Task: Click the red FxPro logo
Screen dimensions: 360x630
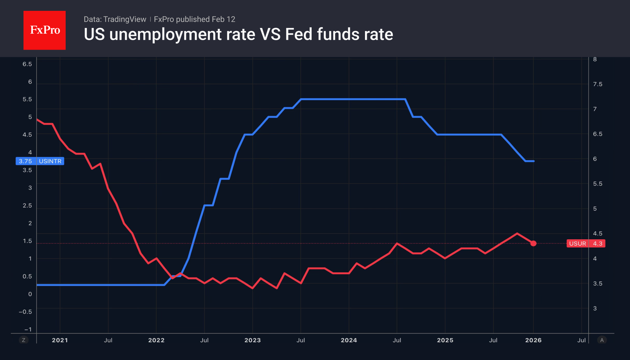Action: [x=45, y=30]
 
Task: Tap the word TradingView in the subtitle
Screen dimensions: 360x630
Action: [x=125, y=19]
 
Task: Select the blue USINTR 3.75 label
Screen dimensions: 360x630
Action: [x=40, y=161]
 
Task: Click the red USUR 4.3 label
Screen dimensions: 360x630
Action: [x=586, y=244]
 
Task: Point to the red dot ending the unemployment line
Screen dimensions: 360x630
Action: [x=533, y=243]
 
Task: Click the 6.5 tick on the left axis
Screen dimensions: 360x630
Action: [x=27, y=64]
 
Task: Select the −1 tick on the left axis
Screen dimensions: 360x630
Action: [x=28, y=329]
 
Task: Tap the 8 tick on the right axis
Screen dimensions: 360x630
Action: [x=595, y=59]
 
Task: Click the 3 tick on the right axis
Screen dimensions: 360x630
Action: [x=595, y=308]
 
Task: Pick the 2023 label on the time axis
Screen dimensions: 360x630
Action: [x=252, y=340]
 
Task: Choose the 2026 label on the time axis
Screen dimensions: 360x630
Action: [x=533, y=340]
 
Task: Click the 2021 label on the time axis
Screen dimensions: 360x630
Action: [x=60, y=340]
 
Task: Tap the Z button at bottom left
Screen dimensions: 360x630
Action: [x=23, y=340]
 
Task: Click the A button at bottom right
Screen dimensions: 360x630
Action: [x=602, y=340]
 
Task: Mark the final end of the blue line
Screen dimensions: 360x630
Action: [x=534, y=161]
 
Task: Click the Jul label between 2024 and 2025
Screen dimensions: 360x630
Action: [x=397, y=340]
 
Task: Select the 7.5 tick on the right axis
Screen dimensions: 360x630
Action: [x=597, y=84]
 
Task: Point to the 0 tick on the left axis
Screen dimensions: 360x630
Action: [x=30, y=294]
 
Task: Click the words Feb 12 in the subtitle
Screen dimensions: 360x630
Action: [x=223, y=19]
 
